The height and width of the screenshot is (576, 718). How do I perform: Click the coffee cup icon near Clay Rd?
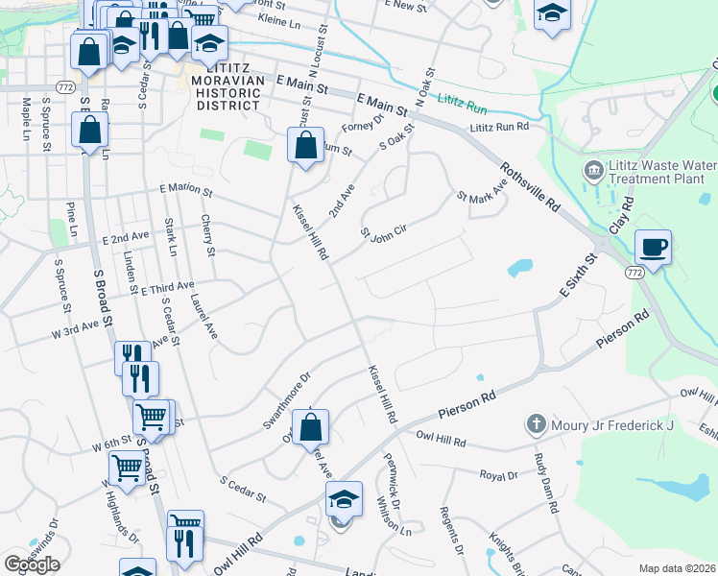point(653,248)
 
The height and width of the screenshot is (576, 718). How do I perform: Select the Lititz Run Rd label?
point(499,126)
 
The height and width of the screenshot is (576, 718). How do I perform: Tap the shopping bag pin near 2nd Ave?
point(305,146)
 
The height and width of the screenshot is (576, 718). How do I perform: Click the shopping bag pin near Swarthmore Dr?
point(310,426)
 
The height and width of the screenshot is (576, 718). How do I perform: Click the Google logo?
point(32,564)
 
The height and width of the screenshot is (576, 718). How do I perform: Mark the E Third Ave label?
point(167,287)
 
